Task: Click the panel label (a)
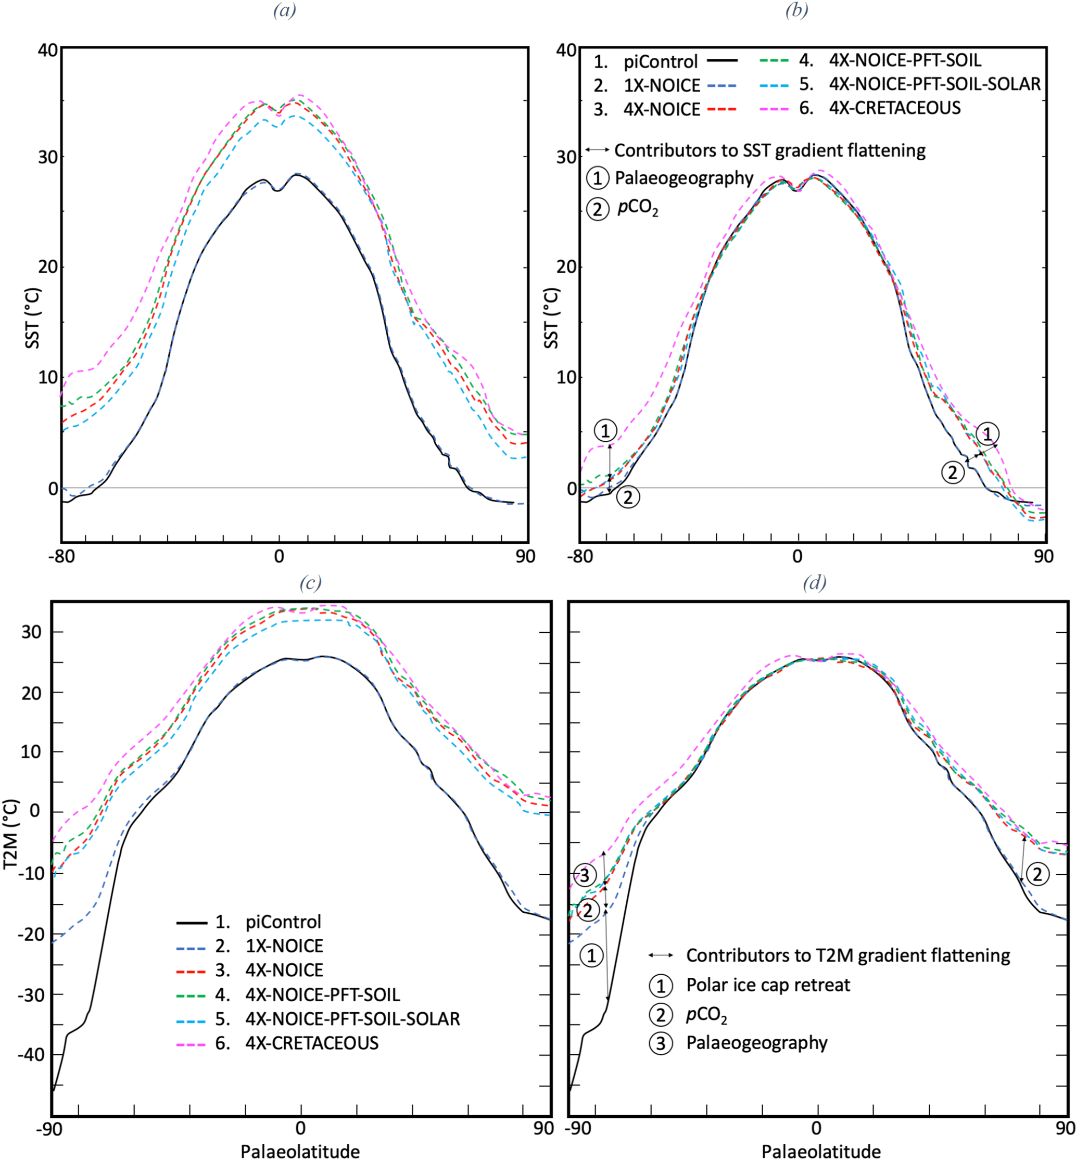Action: (x=285, y=10)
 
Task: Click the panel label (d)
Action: (x=814, y=583)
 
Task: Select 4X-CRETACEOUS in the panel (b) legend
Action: (x=894, y=108)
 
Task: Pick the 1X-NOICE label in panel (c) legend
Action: (x=284, y=946)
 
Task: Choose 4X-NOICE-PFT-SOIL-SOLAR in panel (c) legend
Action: (x=352, y=1019)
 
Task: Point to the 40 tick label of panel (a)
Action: (x=48, y=50)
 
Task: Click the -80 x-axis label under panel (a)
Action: (x=62, y=557)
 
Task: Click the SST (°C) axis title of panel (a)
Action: (x=33, y=318)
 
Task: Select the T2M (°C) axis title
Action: (x=10, y=834)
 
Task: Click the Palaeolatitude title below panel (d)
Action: (x=821, y=1152)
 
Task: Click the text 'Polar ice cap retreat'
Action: (x=768, y=985)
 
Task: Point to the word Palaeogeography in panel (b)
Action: (x=684, y=178)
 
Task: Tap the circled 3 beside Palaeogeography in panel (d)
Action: (x=661, y=1043)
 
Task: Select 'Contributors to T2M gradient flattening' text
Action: (x=848, y=955)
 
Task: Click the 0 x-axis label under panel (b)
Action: (x=797, y=557)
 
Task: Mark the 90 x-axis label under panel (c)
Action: (x=543, y=1128)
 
